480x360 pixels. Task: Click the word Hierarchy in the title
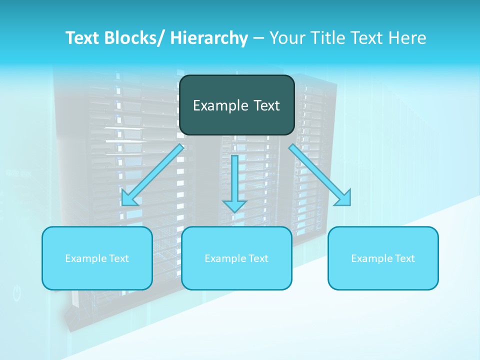[x=209, y=38]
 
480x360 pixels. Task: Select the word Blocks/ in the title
[x=134, y=38]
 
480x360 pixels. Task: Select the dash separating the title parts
[x=258, y=38]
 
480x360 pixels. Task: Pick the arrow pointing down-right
[x=320, y=175]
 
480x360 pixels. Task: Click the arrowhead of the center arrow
[x=235, y=205]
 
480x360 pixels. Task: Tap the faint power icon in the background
[x=17, y=293]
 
